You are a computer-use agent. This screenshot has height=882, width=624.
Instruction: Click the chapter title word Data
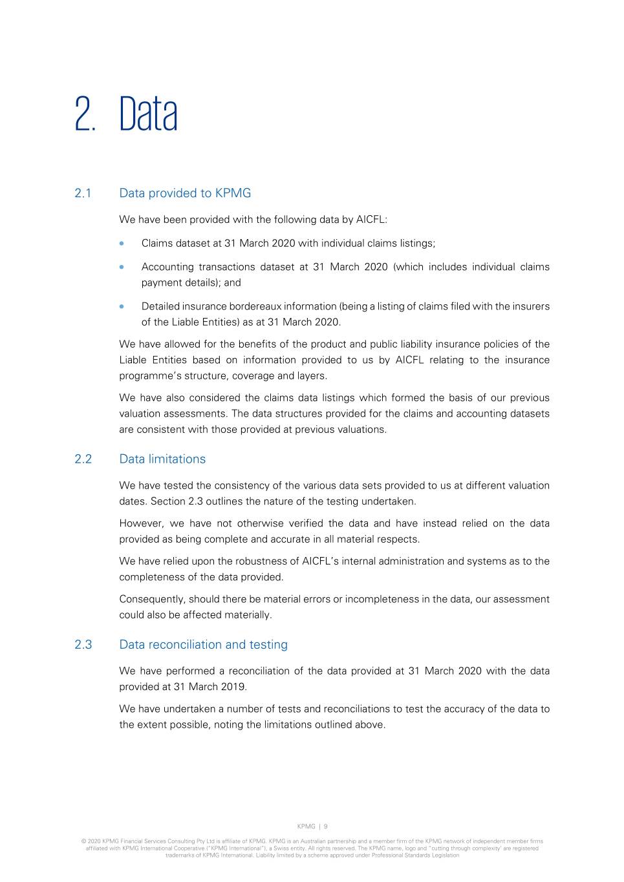(148, 114)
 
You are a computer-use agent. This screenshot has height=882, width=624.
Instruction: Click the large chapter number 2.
(85, 114)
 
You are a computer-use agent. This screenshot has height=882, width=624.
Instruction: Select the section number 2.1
(83, 193)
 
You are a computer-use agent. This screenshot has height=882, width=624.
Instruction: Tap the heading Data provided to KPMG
(185, 193)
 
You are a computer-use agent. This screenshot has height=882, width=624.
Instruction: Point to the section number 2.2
(83, 459)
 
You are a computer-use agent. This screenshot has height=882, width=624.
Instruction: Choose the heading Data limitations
(162, 459)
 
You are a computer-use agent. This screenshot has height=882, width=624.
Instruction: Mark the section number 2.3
(83, 645)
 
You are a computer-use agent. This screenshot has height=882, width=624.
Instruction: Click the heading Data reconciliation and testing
(204, 645)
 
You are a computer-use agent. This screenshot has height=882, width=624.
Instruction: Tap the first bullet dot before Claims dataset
(122, 244)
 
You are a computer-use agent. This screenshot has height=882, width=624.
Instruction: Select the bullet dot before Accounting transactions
(122, 267)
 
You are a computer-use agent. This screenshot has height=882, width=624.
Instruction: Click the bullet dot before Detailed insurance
(122, 306)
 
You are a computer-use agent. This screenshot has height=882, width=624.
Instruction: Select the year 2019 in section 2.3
(233, 687)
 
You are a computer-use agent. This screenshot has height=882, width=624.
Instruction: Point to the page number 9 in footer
(326, 826)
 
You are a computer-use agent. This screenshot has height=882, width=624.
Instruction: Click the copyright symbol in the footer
(83, 841)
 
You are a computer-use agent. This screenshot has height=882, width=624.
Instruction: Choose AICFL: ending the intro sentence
(371, 220)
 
